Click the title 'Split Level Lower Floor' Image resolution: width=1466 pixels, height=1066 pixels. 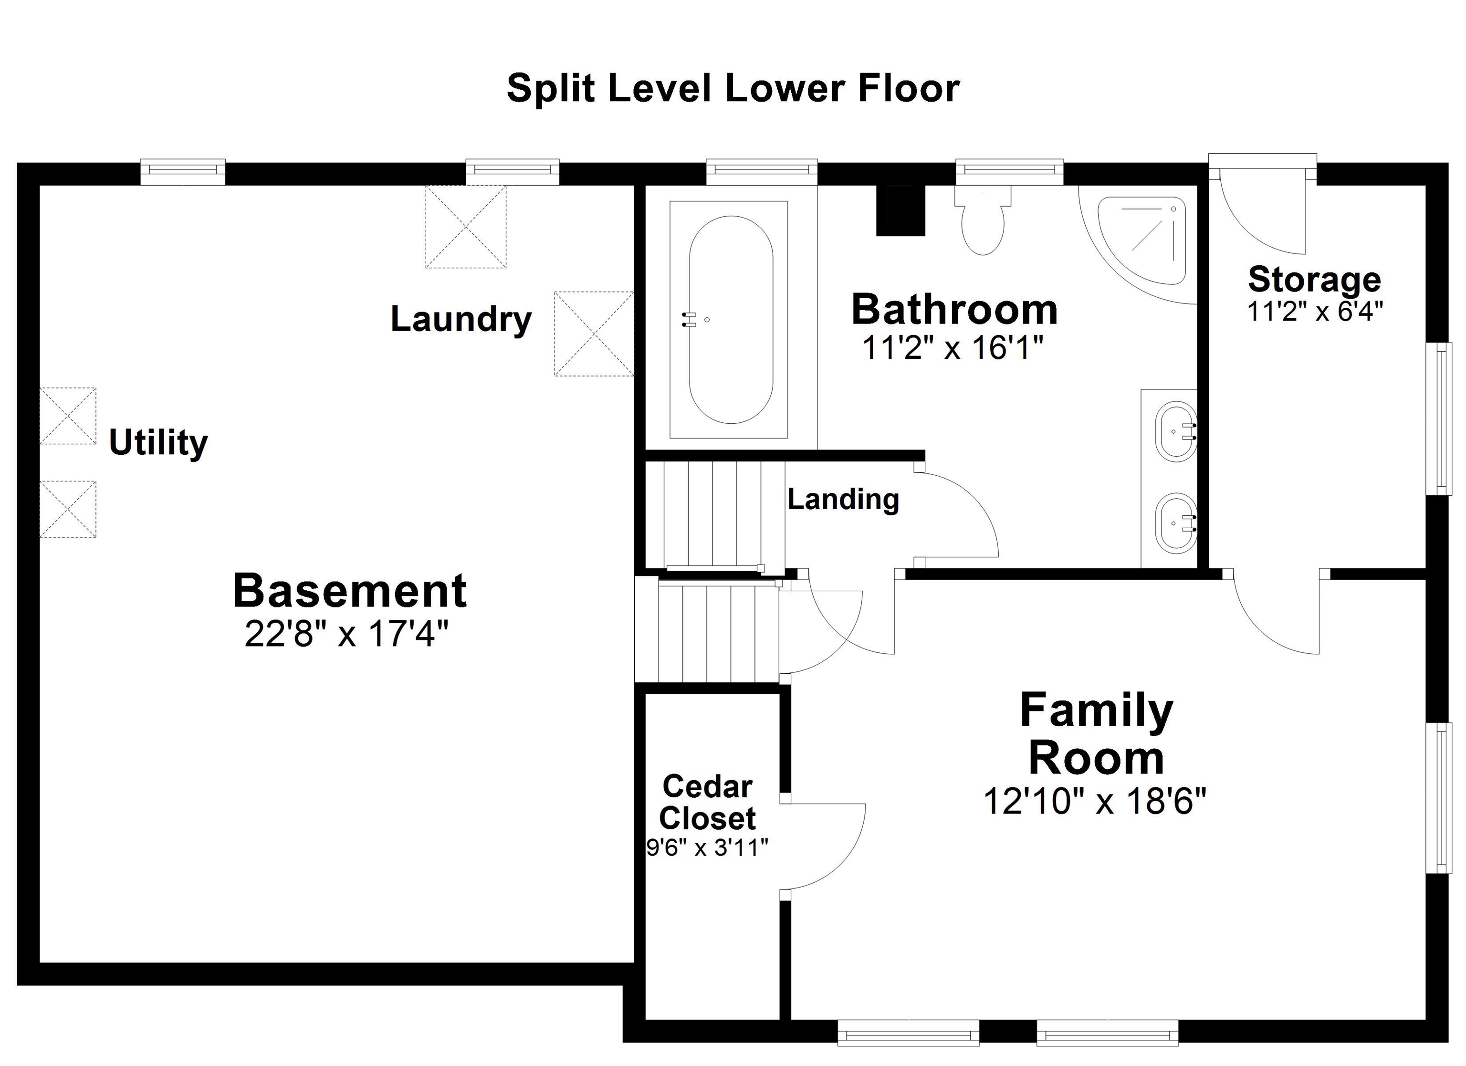733,89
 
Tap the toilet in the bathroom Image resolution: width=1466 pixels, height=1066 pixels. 983,223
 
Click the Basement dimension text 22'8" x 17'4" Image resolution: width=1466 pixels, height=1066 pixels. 346,634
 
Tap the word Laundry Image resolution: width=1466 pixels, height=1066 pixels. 461,319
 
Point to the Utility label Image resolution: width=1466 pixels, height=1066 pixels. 158,442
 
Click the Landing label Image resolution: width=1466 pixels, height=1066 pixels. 843,499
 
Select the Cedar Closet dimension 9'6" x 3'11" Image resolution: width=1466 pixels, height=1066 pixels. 707,847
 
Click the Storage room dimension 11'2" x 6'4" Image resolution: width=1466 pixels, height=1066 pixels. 1314,312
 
